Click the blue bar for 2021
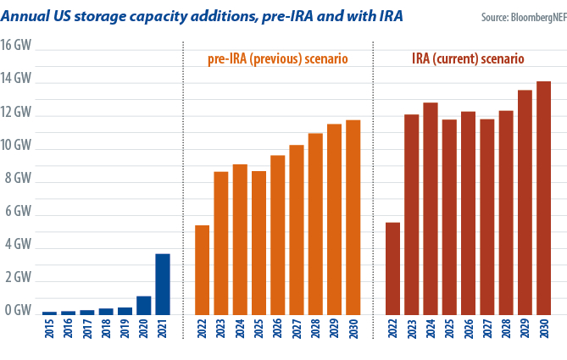click(x=163, y=285)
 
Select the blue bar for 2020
click(x=144, y=306)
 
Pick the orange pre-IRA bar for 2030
click(x=353, y=218)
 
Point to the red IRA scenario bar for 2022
click(x=393, y=269)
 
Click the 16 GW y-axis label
click(x=16, y=46)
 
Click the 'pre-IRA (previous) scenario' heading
click(x=278, y=59)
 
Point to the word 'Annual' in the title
click(x=30, y=15)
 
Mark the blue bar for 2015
click(x=50, y=313)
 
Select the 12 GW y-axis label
click(x=16, y=112)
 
